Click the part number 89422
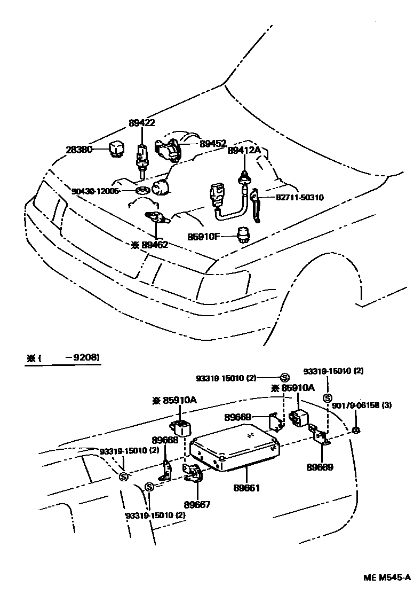(141, 123)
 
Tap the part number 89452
(213, 143)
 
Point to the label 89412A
(244, 151)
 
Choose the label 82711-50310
(300, 198)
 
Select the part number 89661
(246, 488)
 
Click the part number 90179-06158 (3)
(362, 405)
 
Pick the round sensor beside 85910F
(244, 235)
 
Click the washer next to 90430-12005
(142, 190)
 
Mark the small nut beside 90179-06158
(356, 431)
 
